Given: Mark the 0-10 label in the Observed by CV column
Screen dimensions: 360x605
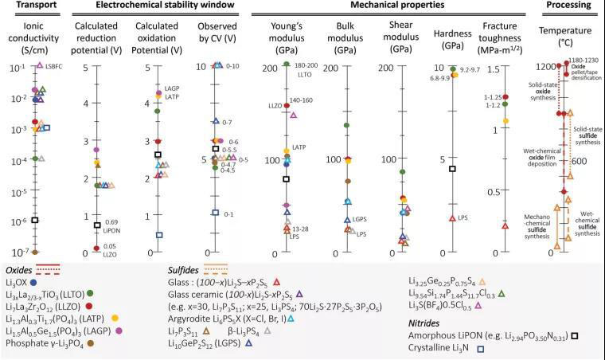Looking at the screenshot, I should coord(234,65).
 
